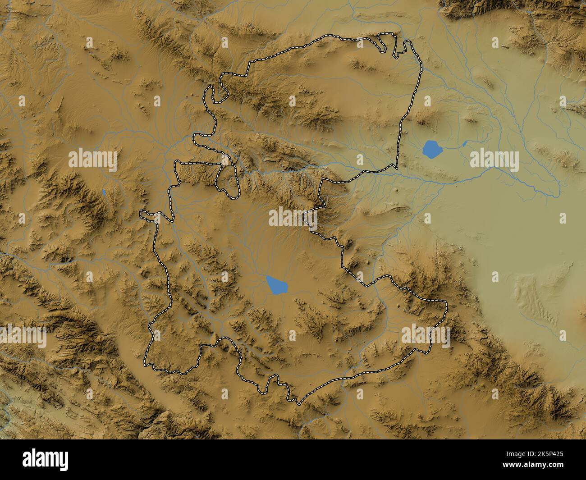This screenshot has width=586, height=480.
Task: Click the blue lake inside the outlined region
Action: coord(277,285)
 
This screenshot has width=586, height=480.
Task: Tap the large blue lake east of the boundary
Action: coord(431,149)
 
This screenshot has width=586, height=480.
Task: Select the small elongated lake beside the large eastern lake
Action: coord(464,144)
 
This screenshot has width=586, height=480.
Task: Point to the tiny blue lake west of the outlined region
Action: coord(104,192)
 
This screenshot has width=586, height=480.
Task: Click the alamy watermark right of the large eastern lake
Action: coord(494,159)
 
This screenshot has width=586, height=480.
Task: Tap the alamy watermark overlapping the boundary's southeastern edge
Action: coord(426,337)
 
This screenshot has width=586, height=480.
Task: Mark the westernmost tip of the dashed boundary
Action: coord(141,212)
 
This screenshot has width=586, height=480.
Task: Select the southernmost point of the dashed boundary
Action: coord(297,402)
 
